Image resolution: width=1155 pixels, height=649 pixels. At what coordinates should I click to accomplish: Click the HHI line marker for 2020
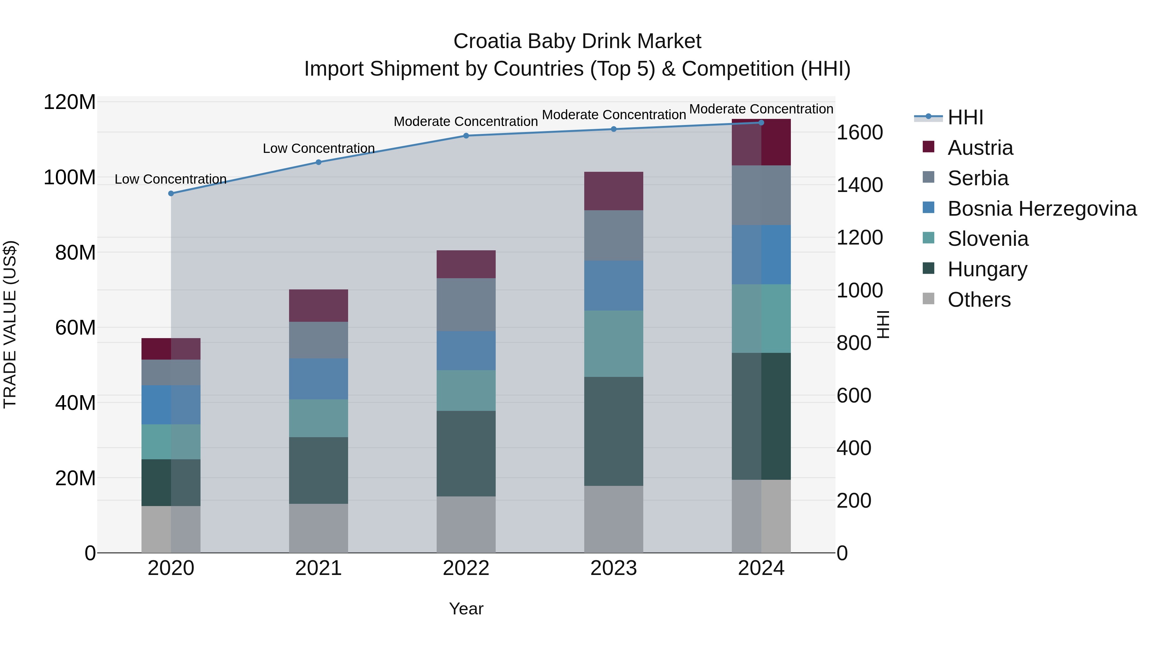point(171,194)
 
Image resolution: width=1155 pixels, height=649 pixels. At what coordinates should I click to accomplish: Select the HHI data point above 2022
point(466,136)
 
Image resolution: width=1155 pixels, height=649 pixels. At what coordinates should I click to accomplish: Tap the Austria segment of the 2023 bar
point(613,191)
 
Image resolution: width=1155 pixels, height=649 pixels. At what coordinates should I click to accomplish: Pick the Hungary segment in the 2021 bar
point(318,470)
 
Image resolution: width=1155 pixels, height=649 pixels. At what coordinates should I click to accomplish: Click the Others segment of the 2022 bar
point(466,524)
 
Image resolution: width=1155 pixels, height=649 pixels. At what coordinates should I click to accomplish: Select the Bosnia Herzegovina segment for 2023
point(613,285)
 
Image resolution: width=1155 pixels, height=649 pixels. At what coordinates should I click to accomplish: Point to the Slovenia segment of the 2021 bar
point(318,418)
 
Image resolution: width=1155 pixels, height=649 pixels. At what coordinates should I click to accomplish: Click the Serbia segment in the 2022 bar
point(466,304)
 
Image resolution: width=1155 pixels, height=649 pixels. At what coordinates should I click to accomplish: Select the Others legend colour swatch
point(928,299)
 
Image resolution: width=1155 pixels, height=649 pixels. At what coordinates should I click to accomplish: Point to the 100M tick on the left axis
point(70,177)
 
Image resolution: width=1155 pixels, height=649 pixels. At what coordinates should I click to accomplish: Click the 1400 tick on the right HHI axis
point(860,185)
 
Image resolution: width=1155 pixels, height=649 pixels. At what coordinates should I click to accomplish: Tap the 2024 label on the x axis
point(761,568)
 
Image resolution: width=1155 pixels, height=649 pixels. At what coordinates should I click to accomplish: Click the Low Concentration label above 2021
point(318,148)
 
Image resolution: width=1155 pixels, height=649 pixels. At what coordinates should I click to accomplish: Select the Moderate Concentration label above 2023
point(613,115)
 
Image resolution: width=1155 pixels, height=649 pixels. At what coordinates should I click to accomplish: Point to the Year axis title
point(466,609)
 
